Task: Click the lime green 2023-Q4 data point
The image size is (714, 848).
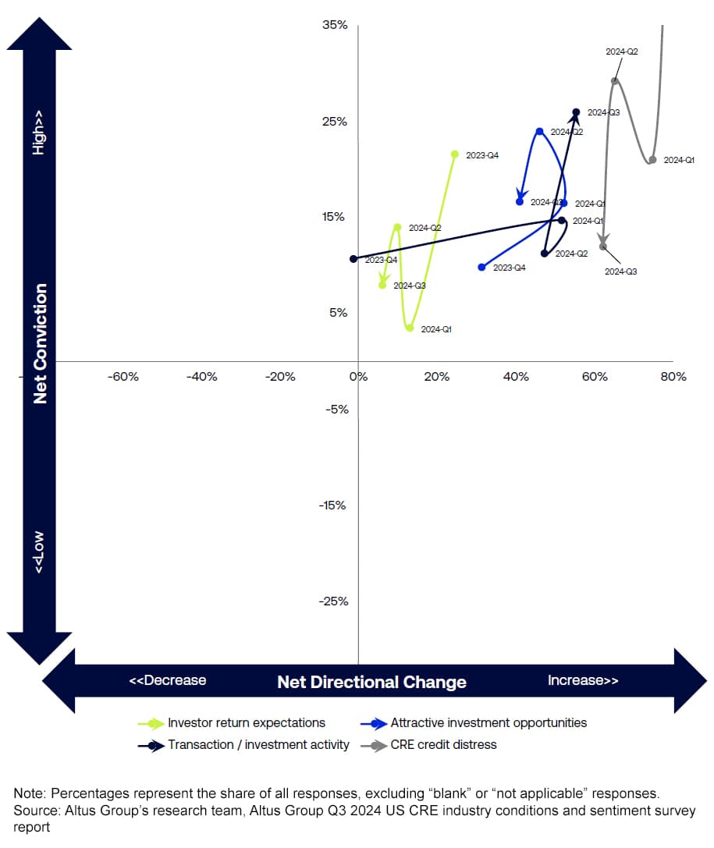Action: click(x=455, y=154)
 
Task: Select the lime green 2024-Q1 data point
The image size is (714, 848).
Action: click(x=409, y=328)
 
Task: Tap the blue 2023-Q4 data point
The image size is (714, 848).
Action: click(x=481, y=268)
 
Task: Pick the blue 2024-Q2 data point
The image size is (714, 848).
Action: click(x=539, y=131)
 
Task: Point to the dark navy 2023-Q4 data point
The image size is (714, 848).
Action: click(x=353, y=259)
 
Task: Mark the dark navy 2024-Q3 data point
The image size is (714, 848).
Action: click(x=576, y=112)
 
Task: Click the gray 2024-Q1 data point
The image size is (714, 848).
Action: click(x=652, y=160)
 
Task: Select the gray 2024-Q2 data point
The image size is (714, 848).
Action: click(x=615, y=80)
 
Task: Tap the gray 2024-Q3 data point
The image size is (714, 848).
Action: click(x=603, y=247)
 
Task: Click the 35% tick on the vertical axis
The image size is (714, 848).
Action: click(x=335, y=25)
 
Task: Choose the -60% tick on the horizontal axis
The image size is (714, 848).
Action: click(x=123, y=377)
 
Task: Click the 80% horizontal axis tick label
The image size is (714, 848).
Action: click(x=673, y=377)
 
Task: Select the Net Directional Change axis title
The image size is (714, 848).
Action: click(x=371, y=683)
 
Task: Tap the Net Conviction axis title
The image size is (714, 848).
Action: click(x=41, y=343)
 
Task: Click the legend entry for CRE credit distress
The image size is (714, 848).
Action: click(x=443, y=744)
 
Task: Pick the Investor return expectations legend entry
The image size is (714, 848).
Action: click(x=246, y=723)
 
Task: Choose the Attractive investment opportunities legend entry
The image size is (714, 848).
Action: click(x=488, y=723)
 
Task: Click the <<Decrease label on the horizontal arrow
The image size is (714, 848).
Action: click(x=168, y=680)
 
